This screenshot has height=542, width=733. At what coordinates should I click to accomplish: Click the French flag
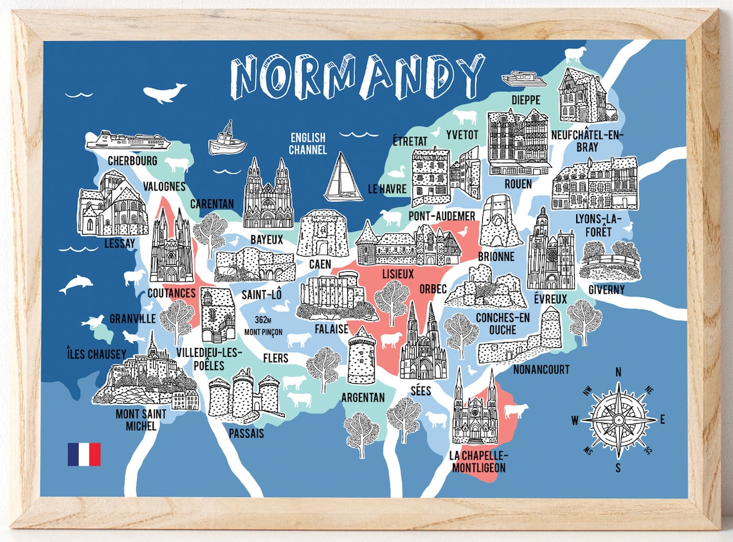[x=84, y=454]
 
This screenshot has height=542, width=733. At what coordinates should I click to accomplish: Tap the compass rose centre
[x=618, y=420]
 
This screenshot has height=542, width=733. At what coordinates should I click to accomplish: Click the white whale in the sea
[x=163, y=93]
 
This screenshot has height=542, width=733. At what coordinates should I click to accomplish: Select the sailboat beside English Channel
[x=343, y=177]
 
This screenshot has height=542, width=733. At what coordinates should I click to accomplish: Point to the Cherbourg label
[x=132, y=160]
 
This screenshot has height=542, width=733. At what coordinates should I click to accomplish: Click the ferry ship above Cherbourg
[x=128, y=140]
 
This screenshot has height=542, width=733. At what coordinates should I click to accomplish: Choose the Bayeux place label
[x=266, y=239]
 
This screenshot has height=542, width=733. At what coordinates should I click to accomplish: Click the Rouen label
[x=518, y=184]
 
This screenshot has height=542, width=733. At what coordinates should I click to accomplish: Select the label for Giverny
[x=606, y=289]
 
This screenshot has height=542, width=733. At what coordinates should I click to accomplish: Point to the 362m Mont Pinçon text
[x=264, y=326]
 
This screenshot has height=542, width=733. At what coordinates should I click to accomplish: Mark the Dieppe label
[x=525, y=100]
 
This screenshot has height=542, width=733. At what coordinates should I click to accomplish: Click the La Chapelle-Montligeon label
[x=478, y=462]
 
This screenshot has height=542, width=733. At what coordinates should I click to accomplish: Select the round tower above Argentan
[x=361, y=355]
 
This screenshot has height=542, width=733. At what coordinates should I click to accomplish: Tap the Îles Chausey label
[x=96, y=354]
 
